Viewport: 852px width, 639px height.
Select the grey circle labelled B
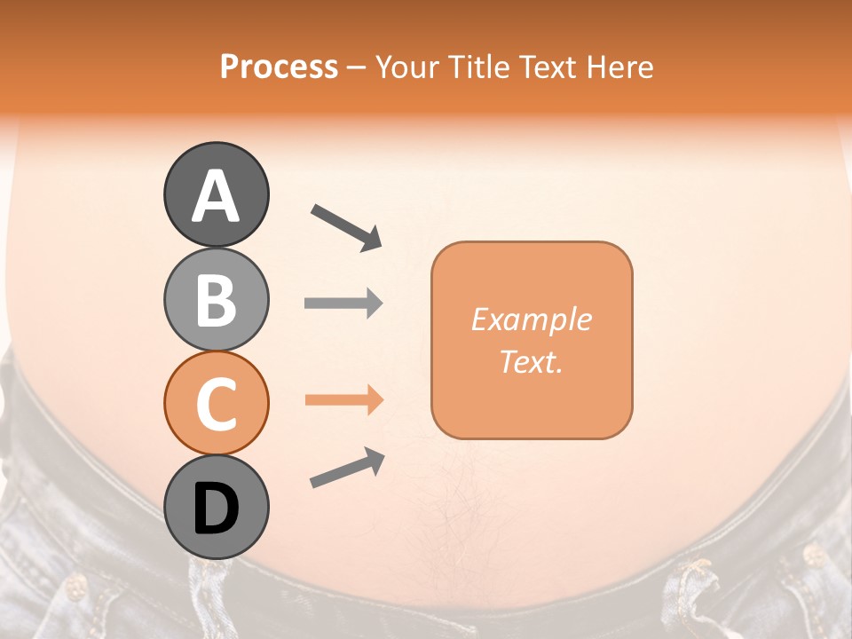pos(216,300)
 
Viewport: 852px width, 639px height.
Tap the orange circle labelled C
pos(216,404)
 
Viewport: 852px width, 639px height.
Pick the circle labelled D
pos(216,508)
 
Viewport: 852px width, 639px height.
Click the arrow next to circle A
pos(346,227)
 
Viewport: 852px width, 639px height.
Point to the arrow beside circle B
pos(343,304)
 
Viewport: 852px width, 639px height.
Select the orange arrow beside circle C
pos(343,400)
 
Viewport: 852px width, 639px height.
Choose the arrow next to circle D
pos(347,468)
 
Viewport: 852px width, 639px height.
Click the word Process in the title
pos(279,67)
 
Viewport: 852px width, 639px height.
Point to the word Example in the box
pos(531,319)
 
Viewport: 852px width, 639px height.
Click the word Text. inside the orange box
pos(531,361)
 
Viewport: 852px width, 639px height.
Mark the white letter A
pos(216,195)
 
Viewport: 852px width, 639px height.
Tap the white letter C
pos(216,405)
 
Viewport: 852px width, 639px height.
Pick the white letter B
pos(216,301)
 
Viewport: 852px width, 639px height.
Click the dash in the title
pos(357,67)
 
